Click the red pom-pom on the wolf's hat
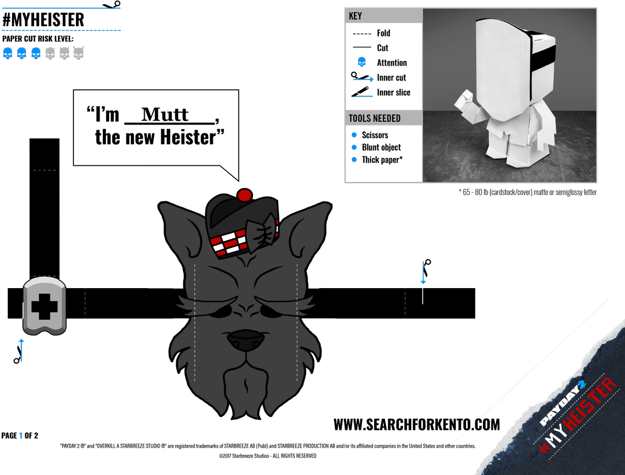[244, 196]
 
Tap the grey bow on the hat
[263, 233]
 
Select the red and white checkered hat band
[228, 244]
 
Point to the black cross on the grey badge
[45, 305]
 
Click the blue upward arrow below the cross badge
[21, 350]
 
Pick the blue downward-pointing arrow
[423, 273]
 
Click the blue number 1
[21, 436]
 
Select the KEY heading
[355, 16]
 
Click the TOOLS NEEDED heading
[374, 118]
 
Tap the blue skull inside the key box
[361, 62]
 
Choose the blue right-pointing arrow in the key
[363, 80]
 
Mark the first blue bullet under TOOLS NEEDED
[354, 135]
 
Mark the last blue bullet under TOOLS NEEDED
[354, 160]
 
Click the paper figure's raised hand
[465, 99]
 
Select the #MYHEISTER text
[579, 417]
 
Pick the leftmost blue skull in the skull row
[8, 53]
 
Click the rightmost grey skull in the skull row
[79, 53]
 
